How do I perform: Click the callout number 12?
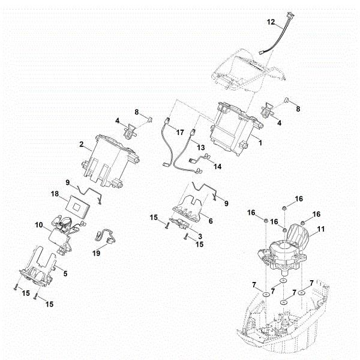click(x=271, y=22)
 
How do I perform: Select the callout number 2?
click(x=80, y=144)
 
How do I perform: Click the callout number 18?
click(x=55, y=195)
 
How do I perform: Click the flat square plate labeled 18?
click(x=77, y=205)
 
